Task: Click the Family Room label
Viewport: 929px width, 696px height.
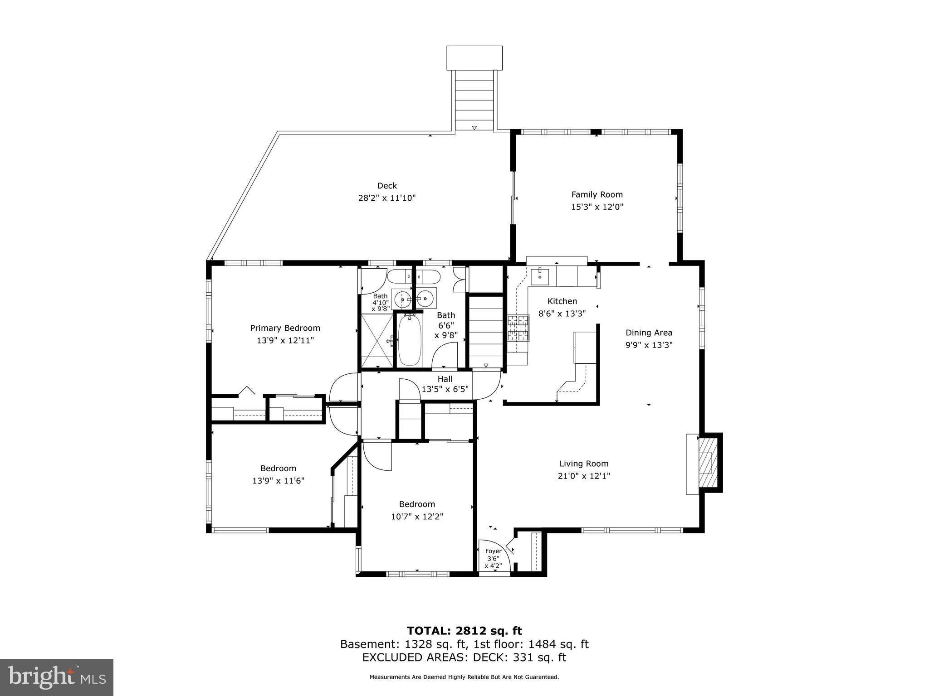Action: [597, 194]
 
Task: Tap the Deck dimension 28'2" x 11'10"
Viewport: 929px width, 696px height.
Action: [387, 198]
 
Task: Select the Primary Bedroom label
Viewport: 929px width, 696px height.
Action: [285, 328]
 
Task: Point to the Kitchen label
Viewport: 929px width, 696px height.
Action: [562, 301]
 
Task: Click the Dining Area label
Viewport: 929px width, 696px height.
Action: [649, 333]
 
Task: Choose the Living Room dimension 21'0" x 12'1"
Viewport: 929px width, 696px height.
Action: [584, 476]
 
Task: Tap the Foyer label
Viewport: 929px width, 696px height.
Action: [494, 551]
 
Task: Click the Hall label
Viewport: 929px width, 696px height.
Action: [445, 379]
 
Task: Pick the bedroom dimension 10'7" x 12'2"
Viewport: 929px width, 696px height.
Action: [417, 516]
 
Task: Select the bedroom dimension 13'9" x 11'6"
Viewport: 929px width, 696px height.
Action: [278, 480]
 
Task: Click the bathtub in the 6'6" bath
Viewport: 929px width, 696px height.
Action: [410, 340]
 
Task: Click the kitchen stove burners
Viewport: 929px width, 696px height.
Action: [518, 328]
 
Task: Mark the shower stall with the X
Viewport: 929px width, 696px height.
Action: [377, 340]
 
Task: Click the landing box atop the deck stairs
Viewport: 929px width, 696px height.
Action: [474, 58]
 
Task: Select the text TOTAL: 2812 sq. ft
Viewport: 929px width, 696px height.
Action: [464, 631]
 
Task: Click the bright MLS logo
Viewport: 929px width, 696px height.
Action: [57, 677]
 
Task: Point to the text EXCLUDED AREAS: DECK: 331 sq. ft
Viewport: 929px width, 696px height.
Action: [464, 657]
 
